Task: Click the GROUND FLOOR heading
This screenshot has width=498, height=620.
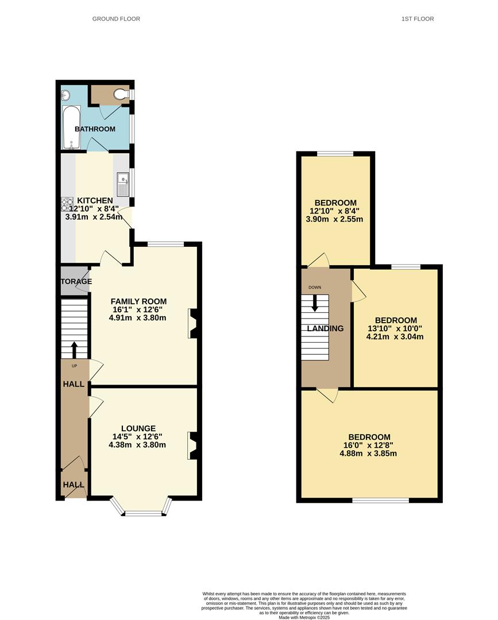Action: [116, 19]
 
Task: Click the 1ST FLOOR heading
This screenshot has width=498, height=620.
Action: [418, 19]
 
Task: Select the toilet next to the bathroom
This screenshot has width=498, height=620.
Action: [121, 94]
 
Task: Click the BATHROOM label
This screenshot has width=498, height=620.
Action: [95, 129]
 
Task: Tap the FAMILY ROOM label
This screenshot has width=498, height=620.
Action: [138, 301]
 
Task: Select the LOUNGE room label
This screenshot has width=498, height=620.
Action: [138, 428]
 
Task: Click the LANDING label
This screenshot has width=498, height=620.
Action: [325, 329]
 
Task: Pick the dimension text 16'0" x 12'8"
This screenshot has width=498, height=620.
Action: [368, 445]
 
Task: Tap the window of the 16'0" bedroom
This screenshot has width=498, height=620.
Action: [380, 500]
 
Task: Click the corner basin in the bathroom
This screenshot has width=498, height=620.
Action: [65, 94]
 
